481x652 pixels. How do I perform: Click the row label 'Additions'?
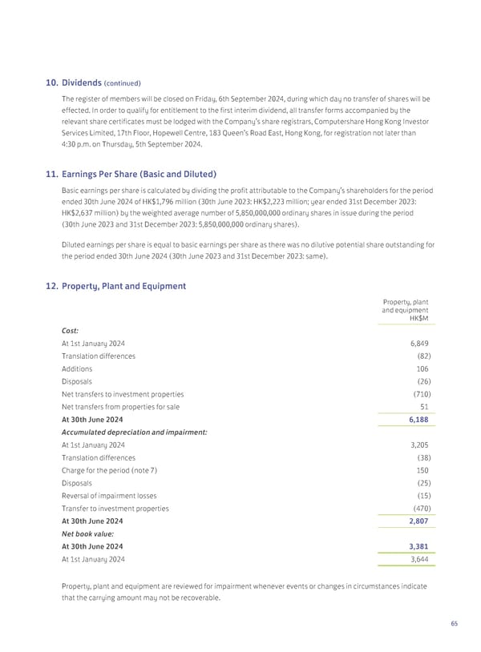[77, 368]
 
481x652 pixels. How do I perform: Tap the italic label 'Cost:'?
[71, 330]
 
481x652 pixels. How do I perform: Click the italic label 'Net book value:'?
[87, 534]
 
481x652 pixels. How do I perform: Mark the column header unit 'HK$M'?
[418, 319]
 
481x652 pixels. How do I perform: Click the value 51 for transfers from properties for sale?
[423, 407]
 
